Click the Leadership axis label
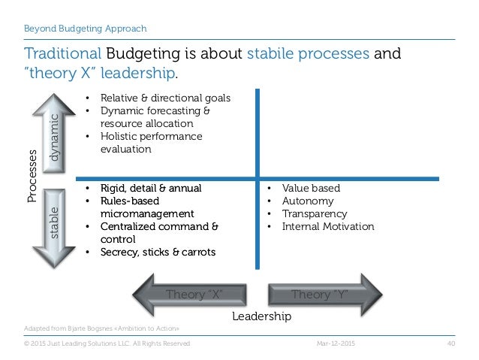coord(261,316)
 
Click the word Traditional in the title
coord(62,55)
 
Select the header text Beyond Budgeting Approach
coord(84,29)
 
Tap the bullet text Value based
coord(310,188)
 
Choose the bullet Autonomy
coord(307,201)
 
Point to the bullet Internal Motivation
coord(327,226)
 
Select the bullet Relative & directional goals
coord(164,98)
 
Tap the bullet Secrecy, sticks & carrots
coord(158,252)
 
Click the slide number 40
coord(451,343)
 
